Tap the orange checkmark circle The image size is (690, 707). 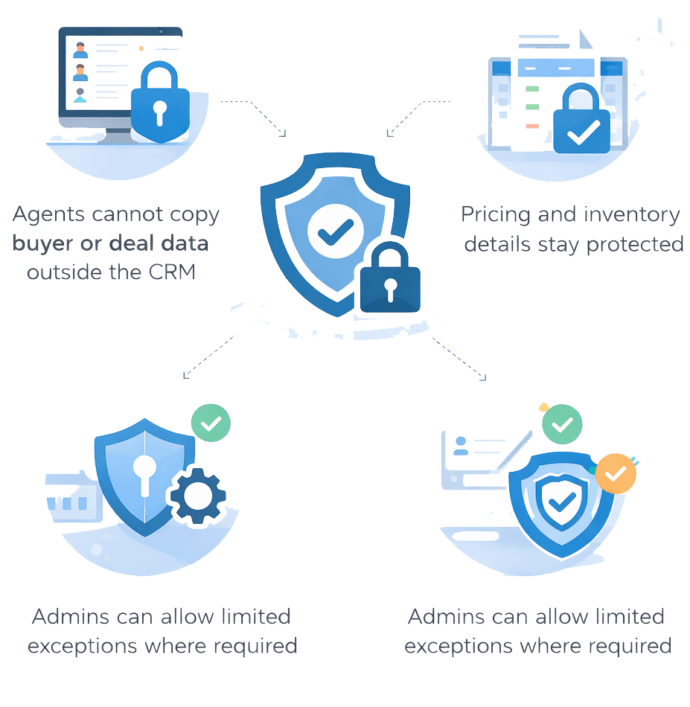point(616,474)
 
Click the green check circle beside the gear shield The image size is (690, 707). point(211,423)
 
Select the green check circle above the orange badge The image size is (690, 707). point(562,425)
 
